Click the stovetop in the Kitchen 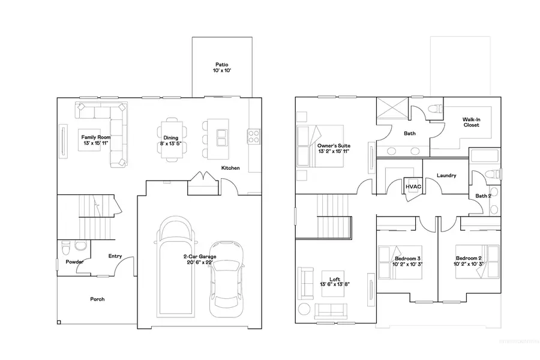tap(253, 136)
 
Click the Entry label tap(115, 256)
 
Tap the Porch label tap(97, 299)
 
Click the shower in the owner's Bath tap(391, 110)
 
